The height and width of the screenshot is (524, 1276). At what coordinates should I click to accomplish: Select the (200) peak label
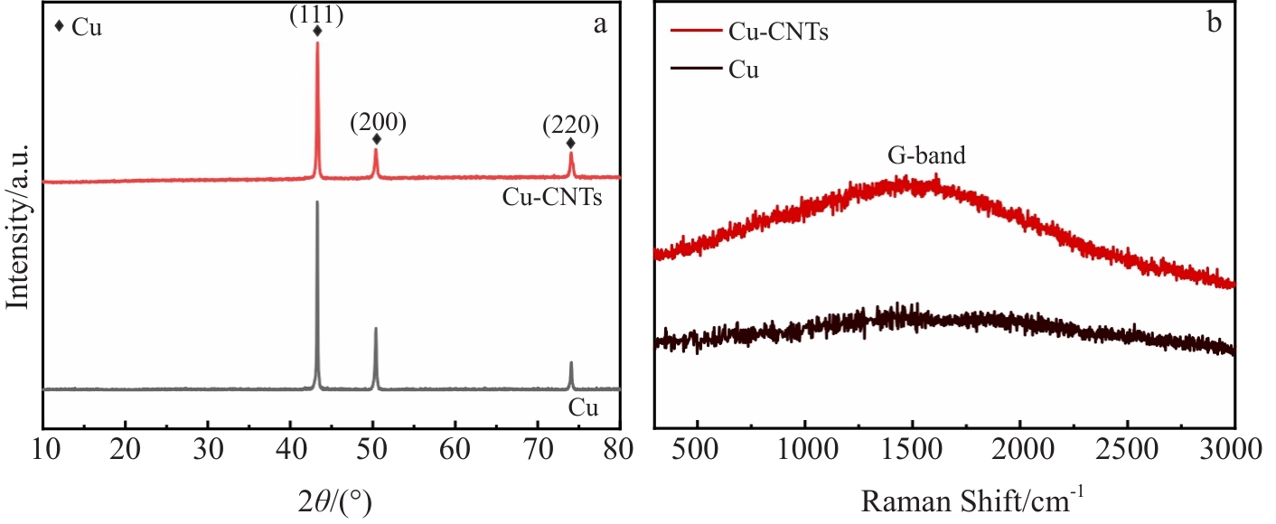[378, 122]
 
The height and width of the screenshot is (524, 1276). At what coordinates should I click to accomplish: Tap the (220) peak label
[570, 126]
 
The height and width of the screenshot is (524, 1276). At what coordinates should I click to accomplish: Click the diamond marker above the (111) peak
[317, 32]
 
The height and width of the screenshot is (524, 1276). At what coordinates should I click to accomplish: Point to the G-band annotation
[926, 155]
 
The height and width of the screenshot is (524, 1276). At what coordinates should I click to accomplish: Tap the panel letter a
[599, 24]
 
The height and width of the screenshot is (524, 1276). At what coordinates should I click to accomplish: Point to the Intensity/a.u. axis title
[19, 227]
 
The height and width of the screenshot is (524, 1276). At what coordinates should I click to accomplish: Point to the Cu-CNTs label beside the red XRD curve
[552, 199]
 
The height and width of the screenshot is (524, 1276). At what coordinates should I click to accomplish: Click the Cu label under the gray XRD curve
[583, 408]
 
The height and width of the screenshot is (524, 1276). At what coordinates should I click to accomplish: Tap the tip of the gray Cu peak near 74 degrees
[571, 362]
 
